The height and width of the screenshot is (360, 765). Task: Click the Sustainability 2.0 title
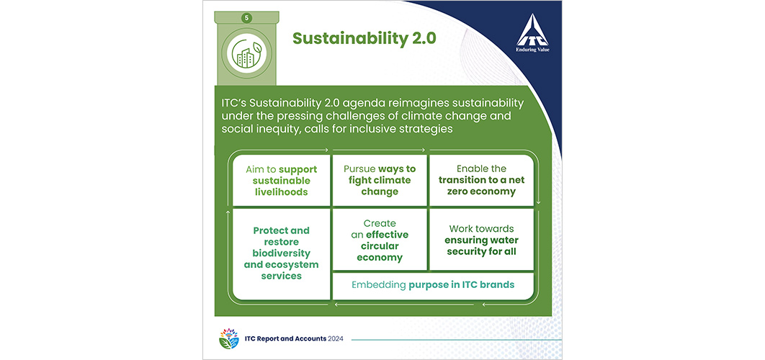coord(364,39)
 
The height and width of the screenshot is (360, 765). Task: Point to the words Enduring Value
coord(532,49)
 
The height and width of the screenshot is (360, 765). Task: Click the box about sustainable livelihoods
coord(282,181)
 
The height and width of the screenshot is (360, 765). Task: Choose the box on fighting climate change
coord(380,181)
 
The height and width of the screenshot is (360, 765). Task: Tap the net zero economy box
coord(481,181)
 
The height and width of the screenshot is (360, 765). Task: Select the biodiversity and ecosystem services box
coord(282,253)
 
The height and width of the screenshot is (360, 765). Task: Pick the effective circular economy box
coord(380,240)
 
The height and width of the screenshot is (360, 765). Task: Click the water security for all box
coord(481,240)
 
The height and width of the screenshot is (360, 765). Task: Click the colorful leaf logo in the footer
coord(229,338)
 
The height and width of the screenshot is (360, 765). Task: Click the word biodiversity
coord(281,253)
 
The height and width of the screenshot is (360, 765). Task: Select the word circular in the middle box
coord(380,246)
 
